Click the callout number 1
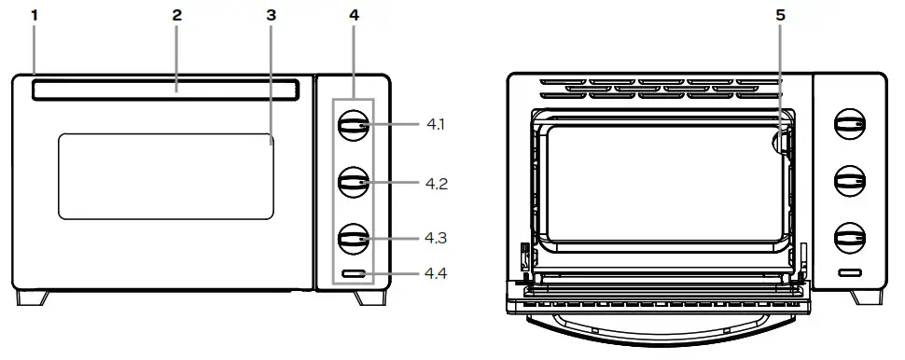[35, 16]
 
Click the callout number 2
[177, 16]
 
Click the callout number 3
[271, 16]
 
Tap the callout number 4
[353, 16]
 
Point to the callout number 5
[780, 16]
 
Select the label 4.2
[436, 183]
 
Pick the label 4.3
[436, 238]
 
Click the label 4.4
[436, 274]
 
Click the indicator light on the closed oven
[353, 274]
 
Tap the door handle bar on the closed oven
[166, 90]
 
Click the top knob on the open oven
[848, 124]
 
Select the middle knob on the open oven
[848, 179]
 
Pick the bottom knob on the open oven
[848, 236]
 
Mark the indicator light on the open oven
[848, 273]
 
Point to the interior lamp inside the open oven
[781, 142]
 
